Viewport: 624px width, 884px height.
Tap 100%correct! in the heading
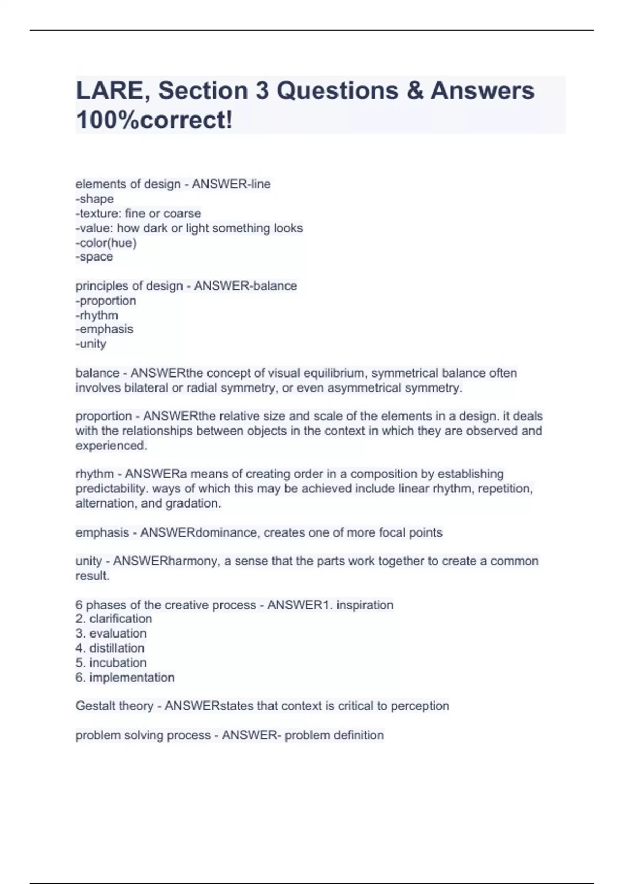click(154, 121)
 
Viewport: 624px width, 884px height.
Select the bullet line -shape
click(95, 199)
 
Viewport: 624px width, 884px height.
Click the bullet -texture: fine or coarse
click(138, 213)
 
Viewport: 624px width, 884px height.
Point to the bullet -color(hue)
click(106, 243)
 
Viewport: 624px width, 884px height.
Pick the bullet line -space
click(94, 257)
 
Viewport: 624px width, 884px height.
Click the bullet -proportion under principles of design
click(106, 301)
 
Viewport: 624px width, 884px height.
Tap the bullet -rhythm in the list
click(97, 315)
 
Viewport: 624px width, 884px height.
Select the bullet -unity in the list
click(91, 344)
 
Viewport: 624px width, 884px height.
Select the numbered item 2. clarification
click(114, 619)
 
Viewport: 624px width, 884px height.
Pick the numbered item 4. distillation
click(110, 648)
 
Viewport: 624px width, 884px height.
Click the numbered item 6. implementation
click(125, 678)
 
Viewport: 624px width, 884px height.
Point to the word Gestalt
click(93, 706)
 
